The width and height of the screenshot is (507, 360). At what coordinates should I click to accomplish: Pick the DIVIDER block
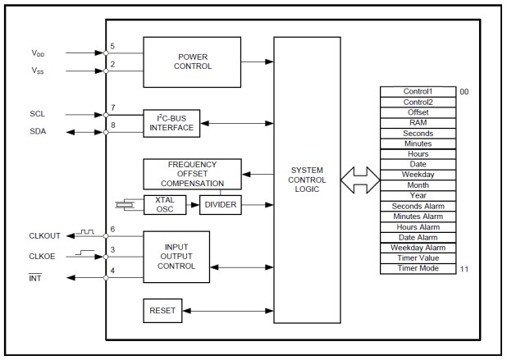(x=221, y=203)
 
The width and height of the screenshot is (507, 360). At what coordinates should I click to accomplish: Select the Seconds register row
(x=418, y=132)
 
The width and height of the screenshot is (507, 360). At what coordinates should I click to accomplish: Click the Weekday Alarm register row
(x=418, y=247)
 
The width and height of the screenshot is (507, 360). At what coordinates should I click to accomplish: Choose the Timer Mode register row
(x=418, y=268)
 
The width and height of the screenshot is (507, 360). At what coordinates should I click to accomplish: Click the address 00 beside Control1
(x=464, y=92)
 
